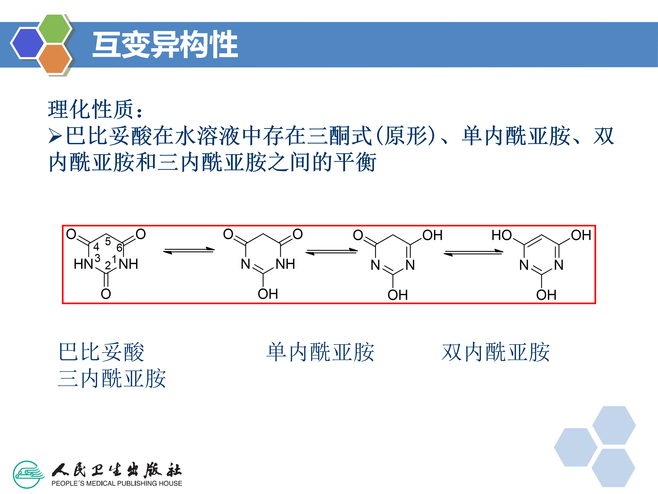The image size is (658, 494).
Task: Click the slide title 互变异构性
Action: point(165,45)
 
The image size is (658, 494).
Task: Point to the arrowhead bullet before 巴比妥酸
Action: point(55,136)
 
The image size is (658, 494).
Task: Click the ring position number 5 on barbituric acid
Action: point(108,242)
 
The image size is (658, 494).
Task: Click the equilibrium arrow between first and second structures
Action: point(189,251)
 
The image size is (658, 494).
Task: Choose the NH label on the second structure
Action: point(285,264)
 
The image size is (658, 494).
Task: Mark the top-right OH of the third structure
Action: point(432,235)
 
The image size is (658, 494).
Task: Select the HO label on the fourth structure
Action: point(501,235)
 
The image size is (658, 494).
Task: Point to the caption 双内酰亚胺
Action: point(496,352)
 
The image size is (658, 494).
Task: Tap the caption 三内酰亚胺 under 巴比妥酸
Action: point(112,379)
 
